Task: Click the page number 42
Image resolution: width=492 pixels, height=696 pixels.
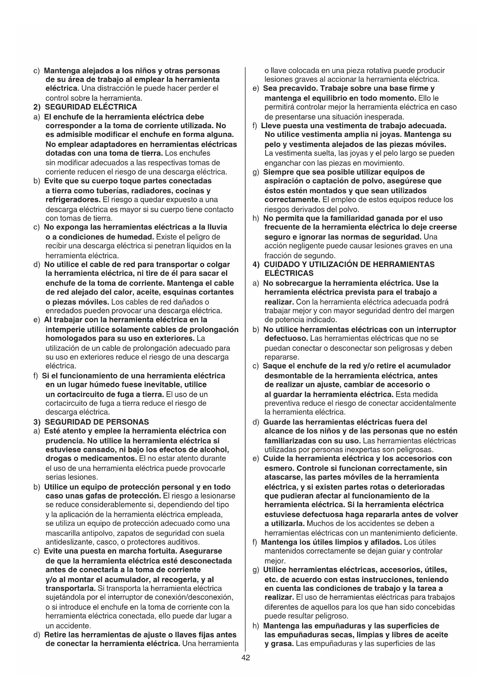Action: click(245, 658)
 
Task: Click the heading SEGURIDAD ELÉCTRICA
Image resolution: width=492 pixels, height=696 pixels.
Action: click(91, 107)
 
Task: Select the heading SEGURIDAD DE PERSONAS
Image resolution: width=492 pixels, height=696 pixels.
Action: click(97, 422)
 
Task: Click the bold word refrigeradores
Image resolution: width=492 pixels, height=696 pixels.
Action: click(73, 200)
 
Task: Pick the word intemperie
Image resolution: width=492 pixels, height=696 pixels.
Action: click(65, 330)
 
